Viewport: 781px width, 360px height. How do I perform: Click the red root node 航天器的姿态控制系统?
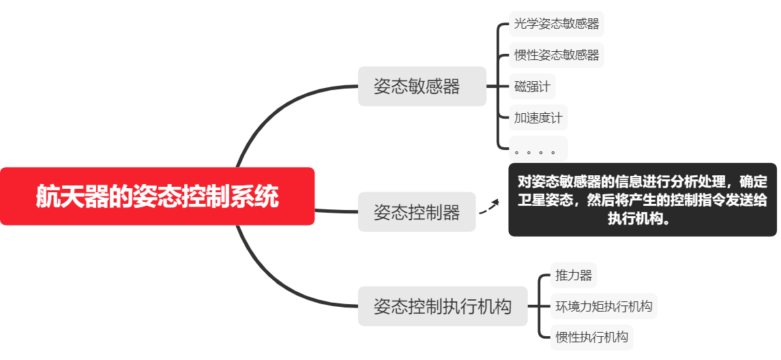point(157,196)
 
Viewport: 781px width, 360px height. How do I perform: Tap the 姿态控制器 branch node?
point(416,212)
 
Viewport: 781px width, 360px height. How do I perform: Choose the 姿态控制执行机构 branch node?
point(443,306)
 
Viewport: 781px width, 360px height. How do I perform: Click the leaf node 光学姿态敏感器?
point(557,24)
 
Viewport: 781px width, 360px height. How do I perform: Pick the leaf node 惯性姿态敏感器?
point(557,55)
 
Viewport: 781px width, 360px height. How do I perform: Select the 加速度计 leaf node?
point(538,117)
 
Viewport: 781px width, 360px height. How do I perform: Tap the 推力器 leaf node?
point(574,275)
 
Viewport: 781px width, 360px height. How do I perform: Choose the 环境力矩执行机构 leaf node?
point(604,306)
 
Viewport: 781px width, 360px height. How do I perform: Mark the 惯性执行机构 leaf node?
point(591,337)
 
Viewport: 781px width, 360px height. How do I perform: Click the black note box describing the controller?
point(642,200)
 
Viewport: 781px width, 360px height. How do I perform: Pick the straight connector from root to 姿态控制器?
point(336,211)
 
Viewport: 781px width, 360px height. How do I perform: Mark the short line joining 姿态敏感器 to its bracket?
point(492,86)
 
